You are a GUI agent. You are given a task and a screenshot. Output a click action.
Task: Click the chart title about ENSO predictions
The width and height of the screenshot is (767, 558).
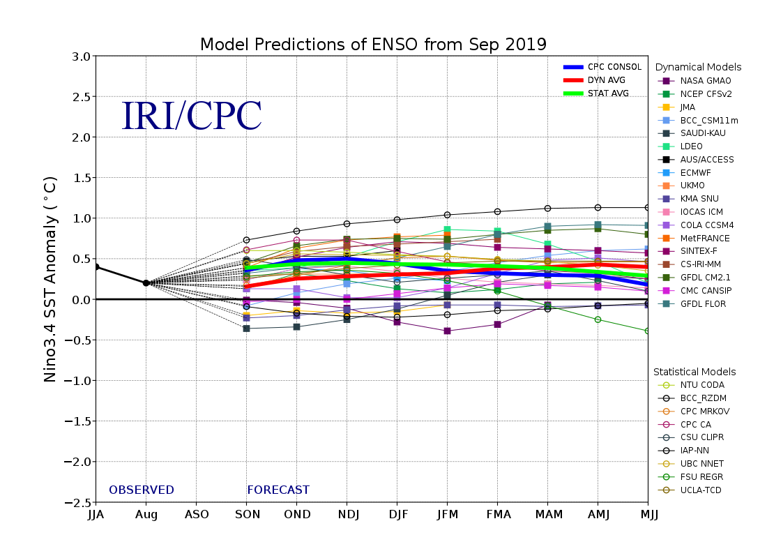point(373,45)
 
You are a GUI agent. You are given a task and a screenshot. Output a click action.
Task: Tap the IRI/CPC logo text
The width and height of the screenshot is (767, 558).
point(192,117)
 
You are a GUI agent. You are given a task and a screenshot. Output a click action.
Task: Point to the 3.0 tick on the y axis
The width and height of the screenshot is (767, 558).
point(81,56)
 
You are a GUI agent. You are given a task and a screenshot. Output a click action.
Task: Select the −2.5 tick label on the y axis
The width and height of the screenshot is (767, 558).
point(77,502)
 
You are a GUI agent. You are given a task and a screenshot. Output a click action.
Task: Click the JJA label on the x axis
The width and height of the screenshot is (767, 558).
point(96,515)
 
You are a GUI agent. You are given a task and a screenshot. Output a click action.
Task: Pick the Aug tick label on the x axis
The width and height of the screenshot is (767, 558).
point(146,515)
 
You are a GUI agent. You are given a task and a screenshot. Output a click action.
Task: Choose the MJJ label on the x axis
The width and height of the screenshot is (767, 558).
point(648,515)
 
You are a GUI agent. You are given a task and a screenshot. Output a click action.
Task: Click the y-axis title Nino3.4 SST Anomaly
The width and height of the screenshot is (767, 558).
point(50,279)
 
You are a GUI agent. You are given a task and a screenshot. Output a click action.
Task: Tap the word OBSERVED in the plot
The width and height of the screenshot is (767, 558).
point(142,490)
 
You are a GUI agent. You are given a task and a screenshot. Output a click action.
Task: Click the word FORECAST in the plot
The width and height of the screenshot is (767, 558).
point(278,490)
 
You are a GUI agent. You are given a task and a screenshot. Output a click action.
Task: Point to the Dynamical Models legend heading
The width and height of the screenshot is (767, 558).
point(698,67)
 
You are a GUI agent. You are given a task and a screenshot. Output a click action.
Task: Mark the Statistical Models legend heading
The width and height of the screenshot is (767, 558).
point(694,372)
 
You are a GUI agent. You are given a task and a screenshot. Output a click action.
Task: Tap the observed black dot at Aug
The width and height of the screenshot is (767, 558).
point(146,283)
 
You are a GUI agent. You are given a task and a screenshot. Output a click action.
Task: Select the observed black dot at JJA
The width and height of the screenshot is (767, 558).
point(96,266)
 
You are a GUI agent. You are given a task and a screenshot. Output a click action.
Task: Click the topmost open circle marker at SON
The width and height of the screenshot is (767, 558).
point(246,240)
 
